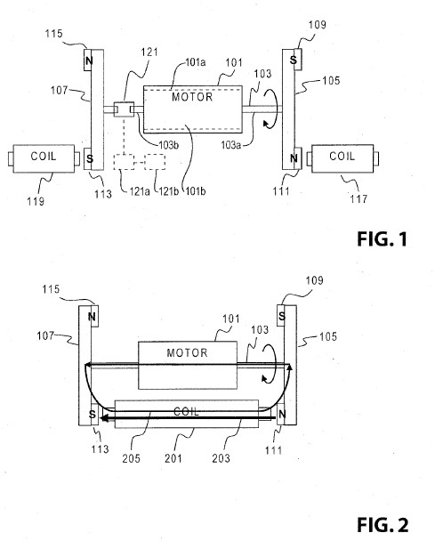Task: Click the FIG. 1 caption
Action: point(382,238)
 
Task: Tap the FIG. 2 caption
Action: point(383,525)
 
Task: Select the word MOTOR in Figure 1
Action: point(192,97)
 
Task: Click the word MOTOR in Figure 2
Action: point(187,352)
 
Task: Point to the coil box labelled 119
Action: point(44,158)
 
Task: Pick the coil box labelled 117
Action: point(342,158)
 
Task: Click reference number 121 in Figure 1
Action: point(149,52)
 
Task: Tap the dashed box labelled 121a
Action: point(124,162)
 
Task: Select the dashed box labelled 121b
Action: point(155,162)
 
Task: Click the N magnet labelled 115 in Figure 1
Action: point(89,61)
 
